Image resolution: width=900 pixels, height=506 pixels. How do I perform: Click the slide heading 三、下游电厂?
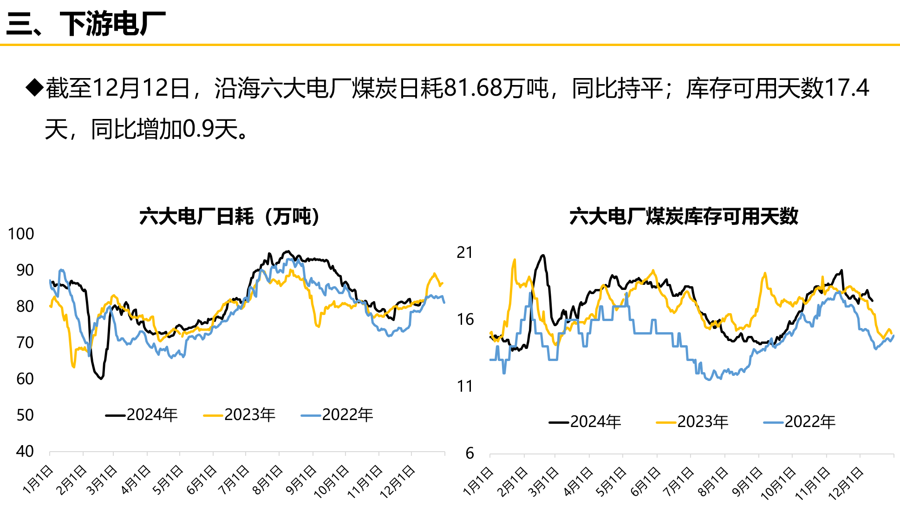[86, 23]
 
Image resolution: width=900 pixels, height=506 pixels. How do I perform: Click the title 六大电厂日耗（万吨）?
[230, 217]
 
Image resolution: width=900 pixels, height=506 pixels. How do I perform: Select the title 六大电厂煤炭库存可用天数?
[684, 217]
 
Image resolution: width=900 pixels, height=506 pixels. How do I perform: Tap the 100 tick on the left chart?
[21, 234]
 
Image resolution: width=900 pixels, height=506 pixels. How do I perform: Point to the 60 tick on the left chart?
[25, 379]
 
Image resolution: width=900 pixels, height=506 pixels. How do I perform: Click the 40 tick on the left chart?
[25, 451]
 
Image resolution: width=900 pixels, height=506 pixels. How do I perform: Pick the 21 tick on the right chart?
[465, 252]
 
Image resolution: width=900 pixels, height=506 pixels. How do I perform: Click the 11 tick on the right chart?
[465, 386]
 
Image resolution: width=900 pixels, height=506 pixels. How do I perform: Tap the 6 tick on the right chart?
[470, 453]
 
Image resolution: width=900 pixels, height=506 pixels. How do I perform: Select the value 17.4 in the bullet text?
[847, 88]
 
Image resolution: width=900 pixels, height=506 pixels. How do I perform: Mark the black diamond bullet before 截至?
[34, 87]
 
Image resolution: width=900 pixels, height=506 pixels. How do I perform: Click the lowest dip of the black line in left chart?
[101, 379]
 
